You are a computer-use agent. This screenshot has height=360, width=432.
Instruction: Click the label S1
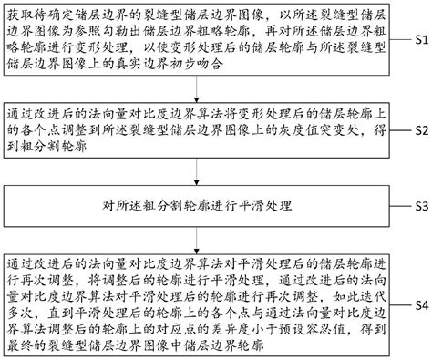coord(417,42)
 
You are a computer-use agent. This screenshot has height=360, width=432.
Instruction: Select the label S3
coord(417,206)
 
